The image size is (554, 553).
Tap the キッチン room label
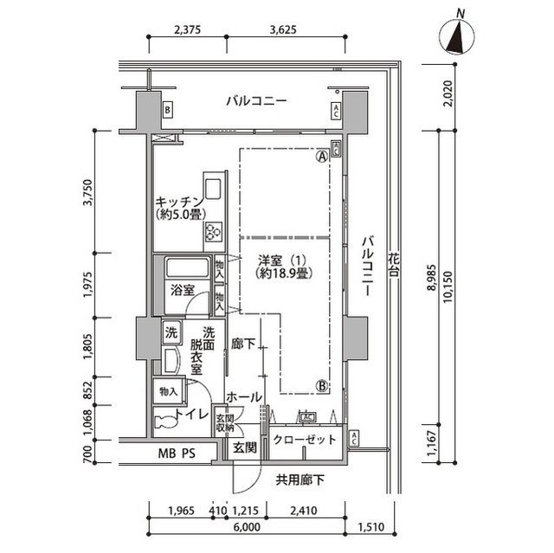click(179, 206)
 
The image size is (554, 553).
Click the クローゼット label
click(304, 440)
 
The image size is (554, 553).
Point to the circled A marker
click(321, 158)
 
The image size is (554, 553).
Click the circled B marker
click(321, 386)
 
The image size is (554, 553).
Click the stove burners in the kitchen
click(213, 231)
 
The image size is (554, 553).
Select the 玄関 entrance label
click(244, 447)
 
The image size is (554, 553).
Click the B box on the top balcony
click(167, 110)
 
